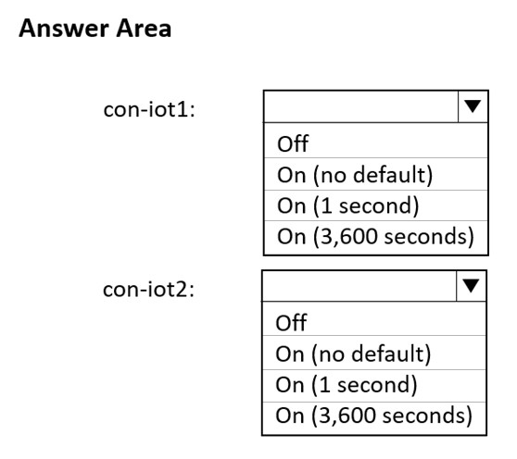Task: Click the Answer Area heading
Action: [x=95, y=29]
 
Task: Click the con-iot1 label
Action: [x=149, y=109]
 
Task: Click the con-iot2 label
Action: [x=148, y=290]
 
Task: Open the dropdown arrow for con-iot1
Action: [x=473, y=106]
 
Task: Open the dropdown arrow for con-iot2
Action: [x=471, y=286]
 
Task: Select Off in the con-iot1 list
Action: [x=293, y=143]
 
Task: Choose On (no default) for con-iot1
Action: [x=355, y=175]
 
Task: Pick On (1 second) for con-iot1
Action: [x=347, y=205]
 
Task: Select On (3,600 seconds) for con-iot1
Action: [x=375, y=236]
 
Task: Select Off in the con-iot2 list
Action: [x=291, y=323]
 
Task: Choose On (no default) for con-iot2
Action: [x=353, y=354]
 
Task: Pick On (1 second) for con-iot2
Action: [x=347, y=385]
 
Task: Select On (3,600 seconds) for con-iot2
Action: [x=374, y=416]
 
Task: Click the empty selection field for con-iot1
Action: [x=361, y=106]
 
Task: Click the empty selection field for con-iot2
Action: [x=359, y=286]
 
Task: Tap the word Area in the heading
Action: [x=144, y=29]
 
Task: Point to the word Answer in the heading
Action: [x=63, y=29]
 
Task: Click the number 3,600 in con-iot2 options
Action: [x=347, y=416]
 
